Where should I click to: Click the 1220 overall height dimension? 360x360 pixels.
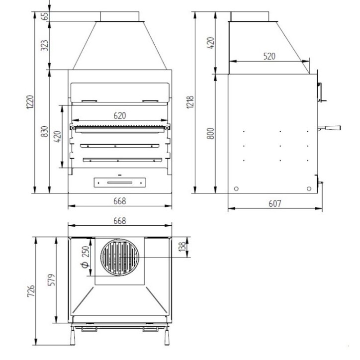30,102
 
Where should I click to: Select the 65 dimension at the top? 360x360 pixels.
45,16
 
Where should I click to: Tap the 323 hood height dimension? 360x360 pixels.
45,45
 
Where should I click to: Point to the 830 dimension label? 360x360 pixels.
45,131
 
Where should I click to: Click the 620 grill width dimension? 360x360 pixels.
120,115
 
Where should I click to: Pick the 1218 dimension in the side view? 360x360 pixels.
190,102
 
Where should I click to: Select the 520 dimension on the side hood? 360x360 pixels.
269,56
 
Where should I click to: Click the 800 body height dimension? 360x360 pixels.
210,134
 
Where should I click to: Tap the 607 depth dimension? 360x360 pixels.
275,203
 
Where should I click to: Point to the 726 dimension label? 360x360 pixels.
31,291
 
